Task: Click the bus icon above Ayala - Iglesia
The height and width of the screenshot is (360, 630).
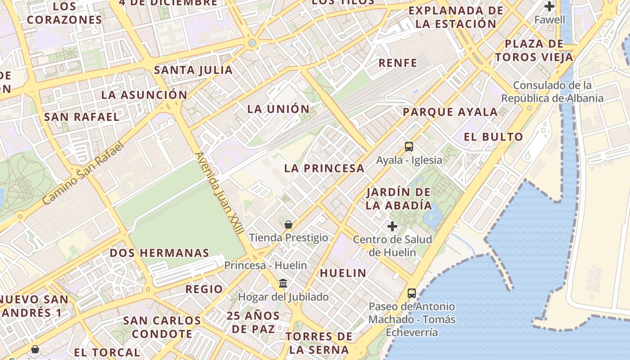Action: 409,147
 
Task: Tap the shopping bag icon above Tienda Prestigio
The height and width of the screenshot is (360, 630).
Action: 288,224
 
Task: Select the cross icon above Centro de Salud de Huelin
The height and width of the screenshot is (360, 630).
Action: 392,226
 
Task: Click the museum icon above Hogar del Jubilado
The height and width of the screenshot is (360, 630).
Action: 283,283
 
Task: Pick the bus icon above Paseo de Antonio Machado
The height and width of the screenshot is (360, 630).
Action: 411,293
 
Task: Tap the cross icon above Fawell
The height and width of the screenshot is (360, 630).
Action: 549,6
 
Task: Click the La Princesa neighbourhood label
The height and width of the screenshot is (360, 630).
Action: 324,168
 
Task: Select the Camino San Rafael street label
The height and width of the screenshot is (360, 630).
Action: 83,174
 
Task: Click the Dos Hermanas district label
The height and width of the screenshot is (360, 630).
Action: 159,253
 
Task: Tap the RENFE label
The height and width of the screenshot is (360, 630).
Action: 398,63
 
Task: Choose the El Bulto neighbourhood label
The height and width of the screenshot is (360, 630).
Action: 494,137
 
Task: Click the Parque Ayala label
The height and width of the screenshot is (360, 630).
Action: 450,112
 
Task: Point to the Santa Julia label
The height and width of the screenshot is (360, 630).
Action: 193,70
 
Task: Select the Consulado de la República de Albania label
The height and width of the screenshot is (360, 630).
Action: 552,92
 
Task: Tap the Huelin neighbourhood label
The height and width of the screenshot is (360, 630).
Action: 343,273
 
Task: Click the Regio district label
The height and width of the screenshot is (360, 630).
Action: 204,289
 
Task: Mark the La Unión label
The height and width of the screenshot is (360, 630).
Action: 279,109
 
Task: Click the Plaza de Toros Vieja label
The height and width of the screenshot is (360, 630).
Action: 534,50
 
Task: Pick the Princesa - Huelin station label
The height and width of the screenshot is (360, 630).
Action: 265,265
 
